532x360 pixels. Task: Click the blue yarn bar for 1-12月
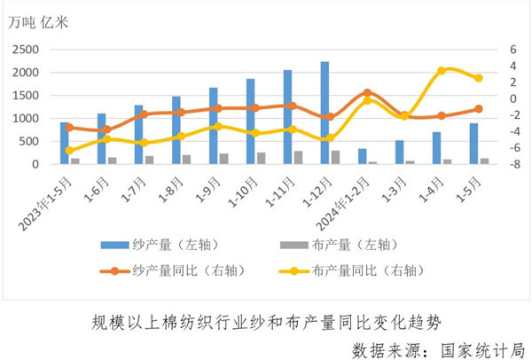(x=325, y=113)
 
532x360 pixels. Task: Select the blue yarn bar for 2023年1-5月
(x=65, y=144)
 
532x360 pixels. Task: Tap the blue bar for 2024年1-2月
(x=362, y=156)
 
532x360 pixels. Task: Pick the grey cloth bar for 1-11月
(x=298, y=158)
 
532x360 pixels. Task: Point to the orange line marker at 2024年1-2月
(x=367, y=92)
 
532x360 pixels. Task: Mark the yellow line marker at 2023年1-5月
(x=69, y=151)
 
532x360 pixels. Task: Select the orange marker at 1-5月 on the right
(x=479, y=109)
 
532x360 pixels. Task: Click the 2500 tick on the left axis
(x=25, y=50)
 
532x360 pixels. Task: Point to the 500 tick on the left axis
(x=29, y=142)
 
